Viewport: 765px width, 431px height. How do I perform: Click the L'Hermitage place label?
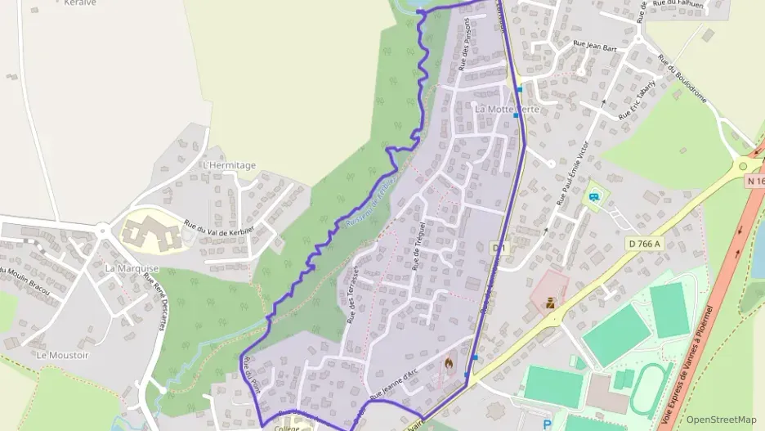[229, 165]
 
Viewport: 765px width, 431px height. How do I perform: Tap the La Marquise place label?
[132, 268]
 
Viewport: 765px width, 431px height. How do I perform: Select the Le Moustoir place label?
[62, 355]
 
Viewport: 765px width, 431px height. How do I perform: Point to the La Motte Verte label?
[508, 109]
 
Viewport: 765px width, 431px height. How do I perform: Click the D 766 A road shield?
[646, 243]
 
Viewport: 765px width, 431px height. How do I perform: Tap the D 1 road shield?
[497, 246]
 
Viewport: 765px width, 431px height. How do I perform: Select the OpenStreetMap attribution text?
[721, 420]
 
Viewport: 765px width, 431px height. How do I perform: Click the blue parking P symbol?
[547, 424]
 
